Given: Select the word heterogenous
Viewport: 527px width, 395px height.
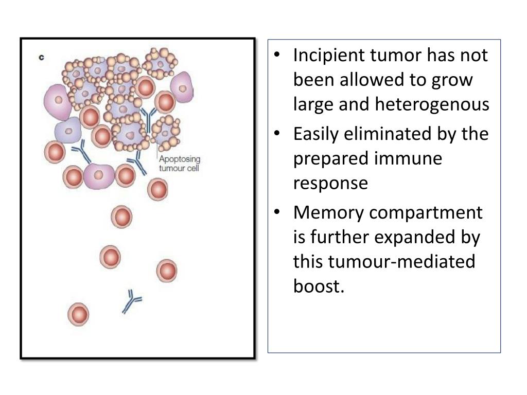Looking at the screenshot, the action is pos(432,104).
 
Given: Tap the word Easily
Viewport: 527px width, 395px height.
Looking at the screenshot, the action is pos(315,134).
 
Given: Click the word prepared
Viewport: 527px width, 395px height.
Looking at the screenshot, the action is pos(331,159).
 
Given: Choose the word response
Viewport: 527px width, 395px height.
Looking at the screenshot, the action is pos(330,184).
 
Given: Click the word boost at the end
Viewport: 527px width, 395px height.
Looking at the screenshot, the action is pos(316,286).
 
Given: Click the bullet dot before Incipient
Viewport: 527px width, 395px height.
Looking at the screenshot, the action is pos(277,55).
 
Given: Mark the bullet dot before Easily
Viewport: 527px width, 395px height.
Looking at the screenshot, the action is pos(277,134).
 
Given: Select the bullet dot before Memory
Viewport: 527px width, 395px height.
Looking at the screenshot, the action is pos(277,212).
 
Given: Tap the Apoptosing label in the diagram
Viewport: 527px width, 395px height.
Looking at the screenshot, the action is pos(179,159).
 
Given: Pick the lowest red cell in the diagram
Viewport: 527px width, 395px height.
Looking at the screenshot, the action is pos(78,314).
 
